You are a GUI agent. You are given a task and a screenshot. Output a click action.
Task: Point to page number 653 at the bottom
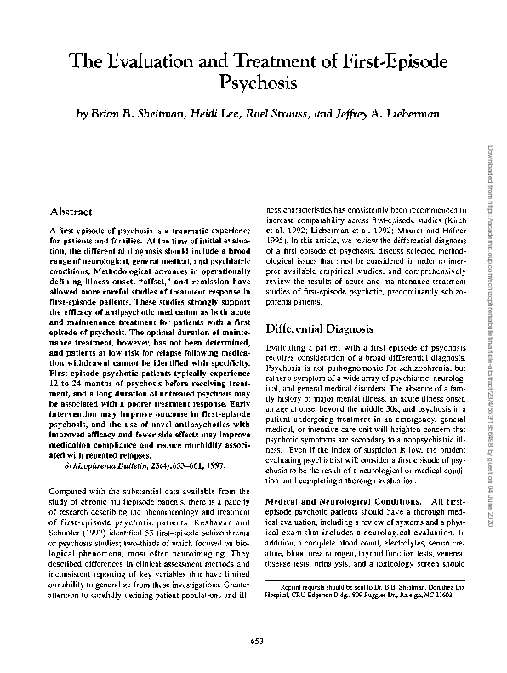point(253,640)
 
